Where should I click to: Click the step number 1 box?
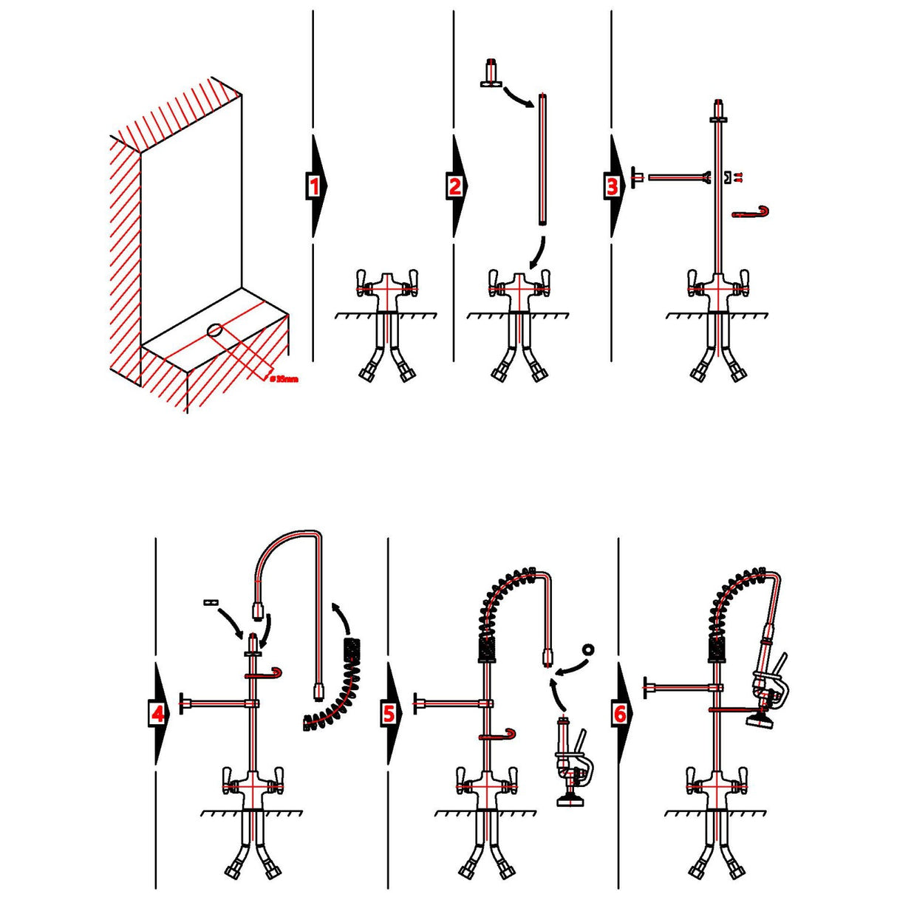(314, 186)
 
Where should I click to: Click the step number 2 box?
(454, 186)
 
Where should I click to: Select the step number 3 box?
(612, 186)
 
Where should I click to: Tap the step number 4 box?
(157, 714)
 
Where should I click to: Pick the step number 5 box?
(389, 714)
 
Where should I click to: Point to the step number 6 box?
(619, 714)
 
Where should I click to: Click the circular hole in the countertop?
(216, 332)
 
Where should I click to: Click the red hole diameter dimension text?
(284, 379)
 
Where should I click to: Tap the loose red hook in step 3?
(751, 213)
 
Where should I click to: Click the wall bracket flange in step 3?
(633, 177)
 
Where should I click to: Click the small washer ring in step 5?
(589, 650)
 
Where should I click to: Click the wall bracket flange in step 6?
(647, 688)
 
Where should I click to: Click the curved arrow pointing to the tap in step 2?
(538, 255)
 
